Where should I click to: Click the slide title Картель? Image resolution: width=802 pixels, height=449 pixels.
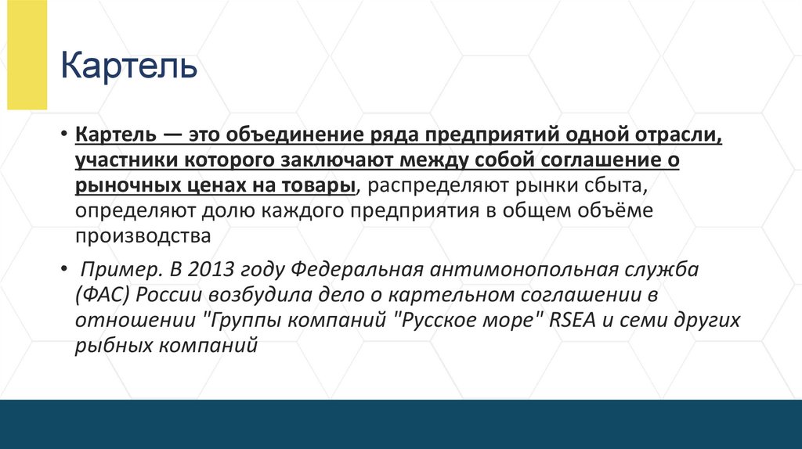point(129,66)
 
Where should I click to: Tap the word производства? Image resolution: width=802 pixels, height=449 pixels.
point(143,235)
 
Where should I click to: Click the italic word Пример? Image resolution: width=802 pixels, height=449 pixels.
point(114,271)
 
